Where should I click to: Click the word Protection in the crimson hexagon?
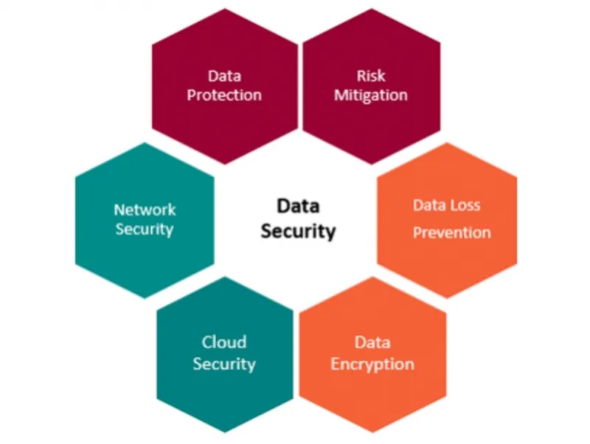tap(224, 95)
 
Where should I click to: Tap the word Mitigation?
tap(371, 96)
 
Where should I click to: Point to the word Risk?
tap(371, 76)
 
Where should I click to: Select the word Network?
tap(145, 209)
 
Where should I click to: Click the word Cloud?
tap(224, 342)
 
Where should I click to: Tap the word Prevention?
tap(452, 232)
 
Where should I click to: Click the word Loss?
tap(465, 205)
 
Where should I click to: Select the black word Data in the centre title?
tap(299, 206)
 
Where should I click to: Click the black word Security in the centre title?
tap(299, 232)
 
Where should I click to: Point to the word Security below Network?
tap(145, 229)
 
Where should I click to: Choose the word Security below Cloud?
tap(224, 364)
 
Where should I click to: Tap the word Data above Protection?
tap(224, 76)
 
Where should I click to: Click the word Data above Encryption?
tap(372, 342)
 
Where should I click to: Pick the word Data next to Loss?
tap(428, 205)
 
